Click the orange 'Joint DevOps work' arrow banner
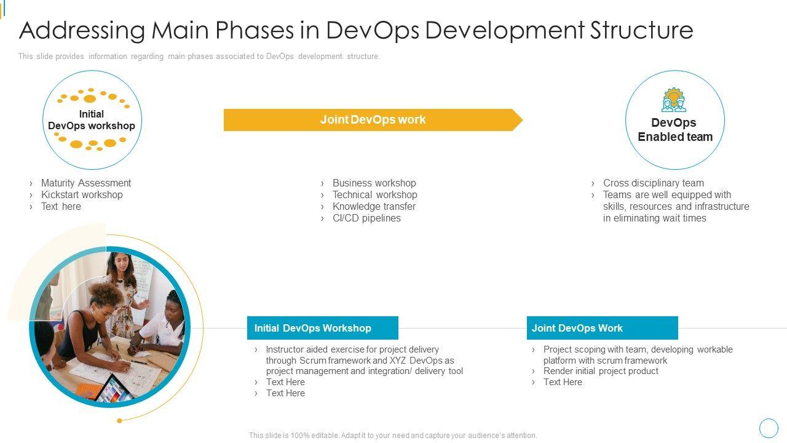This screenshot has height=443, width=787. click(373, 120)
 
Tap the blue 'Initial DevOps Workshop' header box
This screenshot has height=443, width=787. click(323, 328)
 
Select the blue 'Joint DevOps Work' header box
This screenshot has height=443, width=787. click(602, 328)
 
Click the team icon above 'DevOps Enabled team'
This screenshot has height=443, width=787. click(673, 100)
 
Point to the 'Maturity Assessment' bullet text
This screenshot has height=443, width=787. click(85, 183)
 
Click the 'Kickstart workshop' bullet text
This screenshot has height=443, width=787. click(82, 194)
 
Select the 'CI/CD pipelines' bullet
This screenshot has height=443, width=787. click(366, 218)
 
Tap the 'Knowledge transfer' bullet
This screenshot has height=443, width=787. click(374, 206)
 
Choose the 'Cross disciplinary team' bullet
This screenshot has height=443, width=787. click(654, 183)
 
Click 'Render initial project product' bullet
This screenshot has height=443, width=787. click(601, 371)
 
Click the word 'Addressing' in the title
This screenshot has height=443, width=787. click(82, 30)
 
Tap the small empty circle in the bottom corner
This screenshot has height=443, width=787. click(769, 428)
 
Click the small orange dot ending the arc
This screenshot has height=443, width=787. click(119, 420)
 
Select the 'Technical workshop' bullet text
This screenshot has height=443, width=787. click(375, 194)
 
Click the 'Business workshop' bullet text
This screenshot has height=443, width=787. click(374, 183)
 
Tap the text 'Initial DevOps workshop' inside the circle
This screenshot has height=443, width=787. click(92, 120)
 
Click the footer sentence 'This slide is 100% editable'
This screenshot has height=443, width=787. click(393, 435)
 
